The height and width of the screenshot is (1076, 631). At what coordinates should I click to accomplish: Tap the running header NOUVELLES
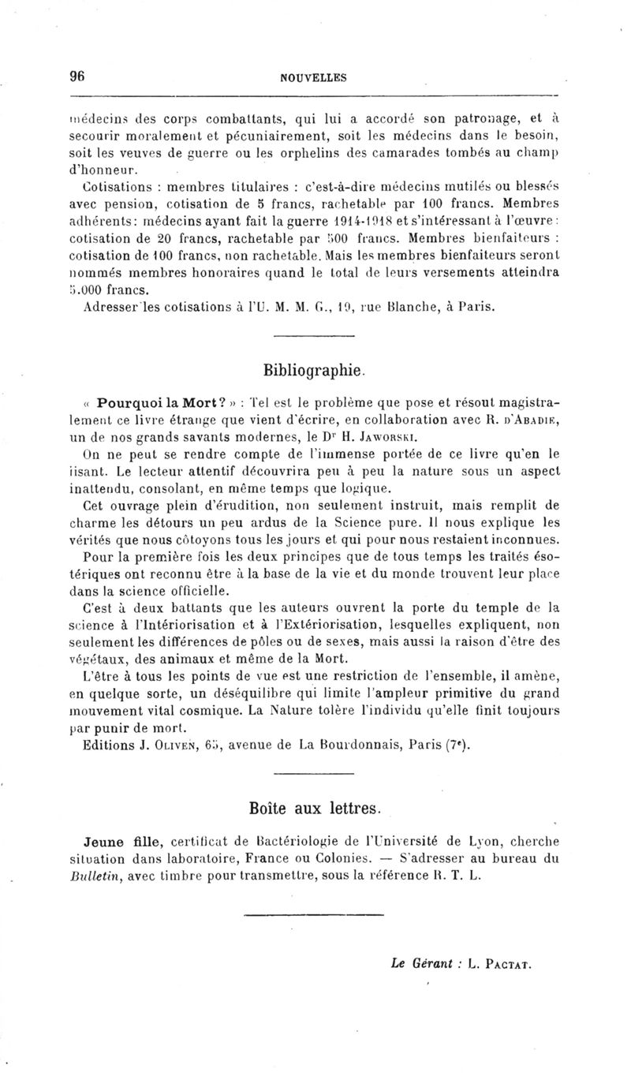point(313,77)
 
